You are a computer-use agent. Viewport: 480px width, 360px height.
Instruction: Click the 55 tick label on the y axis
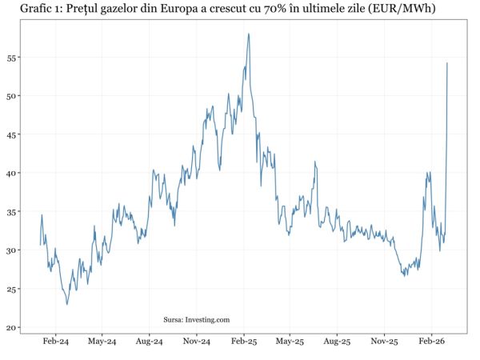[x=14, y=58]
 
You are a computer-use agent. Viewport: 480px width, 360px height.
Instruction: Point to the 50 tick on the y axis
[x=14, y=96]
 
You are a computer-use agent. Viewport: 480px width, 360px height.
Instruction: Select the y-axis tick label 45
[x=14, y=134]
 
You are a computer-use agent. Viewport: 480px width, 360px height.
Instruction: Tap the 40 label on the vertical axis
[x=14, y=173]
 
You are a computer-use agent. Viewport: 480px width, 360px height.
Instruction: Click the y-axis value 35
[x=14, y=212]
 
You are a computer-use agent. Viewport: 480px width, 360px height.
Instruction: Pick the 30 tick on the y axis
[x=14, y=250]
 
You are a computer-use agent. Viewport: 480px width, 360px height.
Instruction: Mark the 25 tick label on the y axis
[x=14, y=289]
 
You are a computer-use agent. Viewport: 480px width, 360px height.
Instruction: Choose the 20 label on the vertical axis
[x=14, y=327]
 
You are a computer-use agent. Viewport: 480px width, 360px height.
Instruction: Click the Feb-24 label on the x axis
[x=55, y=342]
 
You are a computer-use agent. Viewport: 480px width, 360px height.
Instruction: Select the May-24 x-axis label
[x=102, y=342]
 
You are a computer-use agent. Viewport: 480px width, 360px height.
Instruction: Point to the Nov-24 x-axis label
[x=196, y=342]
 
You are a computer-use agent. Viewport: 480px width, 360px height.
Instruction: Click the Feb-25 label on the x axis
[x=243, y=342]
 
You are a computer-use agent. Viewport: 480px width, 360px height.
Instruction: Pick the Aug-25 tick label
[x=337, y=342]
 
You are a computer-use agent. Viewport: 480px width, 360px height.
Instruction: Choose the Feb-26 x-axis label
[x=431, y=342]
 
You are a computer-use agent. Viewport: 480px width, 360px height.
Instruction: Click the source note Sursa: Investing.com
[x=196, y=320]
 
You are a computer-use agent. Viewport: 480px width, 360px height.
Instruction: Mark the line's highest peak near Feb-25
[x=249, y=34]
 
